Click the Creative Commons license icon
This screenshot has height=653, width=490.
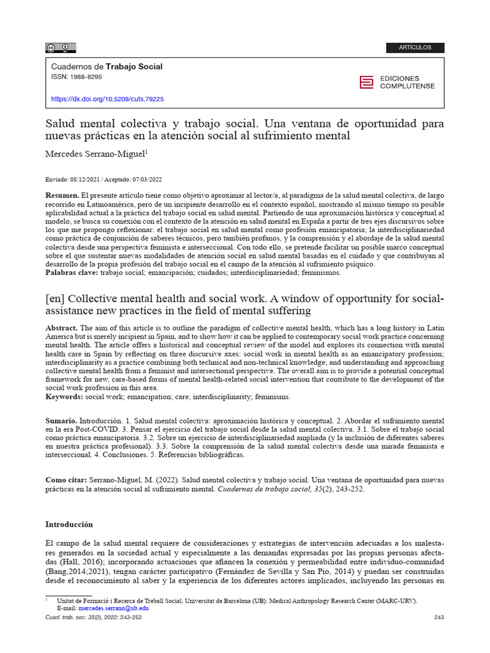(60, 47)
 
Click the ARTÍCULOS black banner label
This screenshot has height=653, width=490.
(415, 48)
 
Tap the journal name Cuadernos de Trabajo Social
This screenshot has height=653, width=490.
(106, 66)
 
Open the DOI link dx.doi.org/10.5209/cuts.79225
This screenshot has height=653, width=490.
(107, 99)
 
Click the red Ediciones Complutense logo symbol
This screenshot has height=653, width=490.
(366, 82)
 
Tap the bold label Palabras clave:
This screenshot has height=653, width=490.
(71, 272)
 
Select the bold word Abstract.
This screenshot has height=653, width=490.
(62, 327)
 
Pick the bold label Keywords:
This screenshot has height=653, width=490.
(64, 396)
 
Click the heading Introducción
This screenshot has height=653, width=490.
(69, 524)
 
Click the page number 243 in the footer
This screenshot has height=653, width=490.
(438, 617)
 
